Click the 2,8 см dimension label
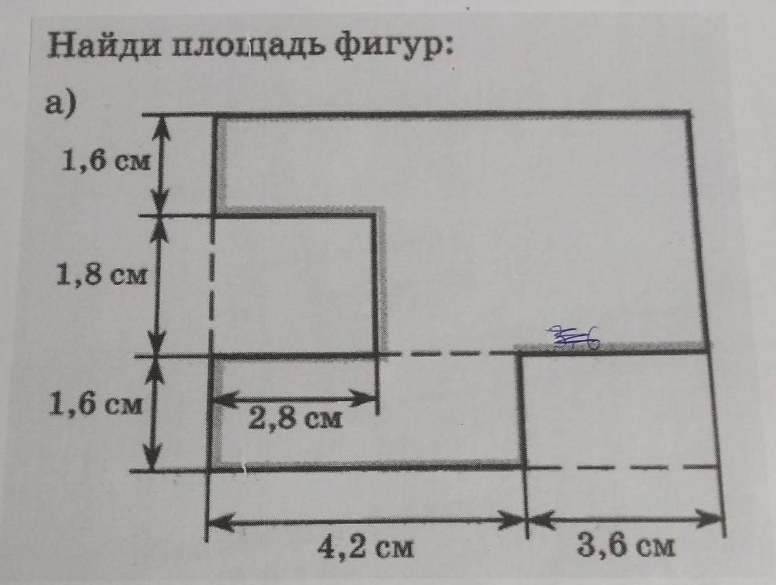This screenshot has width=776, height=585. [x=295, y=419]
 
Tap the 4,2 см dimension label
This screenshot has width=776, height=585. [x=366, y=545]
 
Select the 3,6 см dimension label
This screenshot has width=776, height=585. [x=626, y=544]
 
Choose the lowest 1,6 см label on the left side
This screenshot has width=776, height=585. [x=95, y=406]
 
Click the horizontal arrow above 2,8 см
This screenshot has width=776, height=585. [x=295, y=398]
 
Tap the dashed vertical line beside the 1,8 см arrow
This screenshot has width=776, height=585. [x=211, y=284]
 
